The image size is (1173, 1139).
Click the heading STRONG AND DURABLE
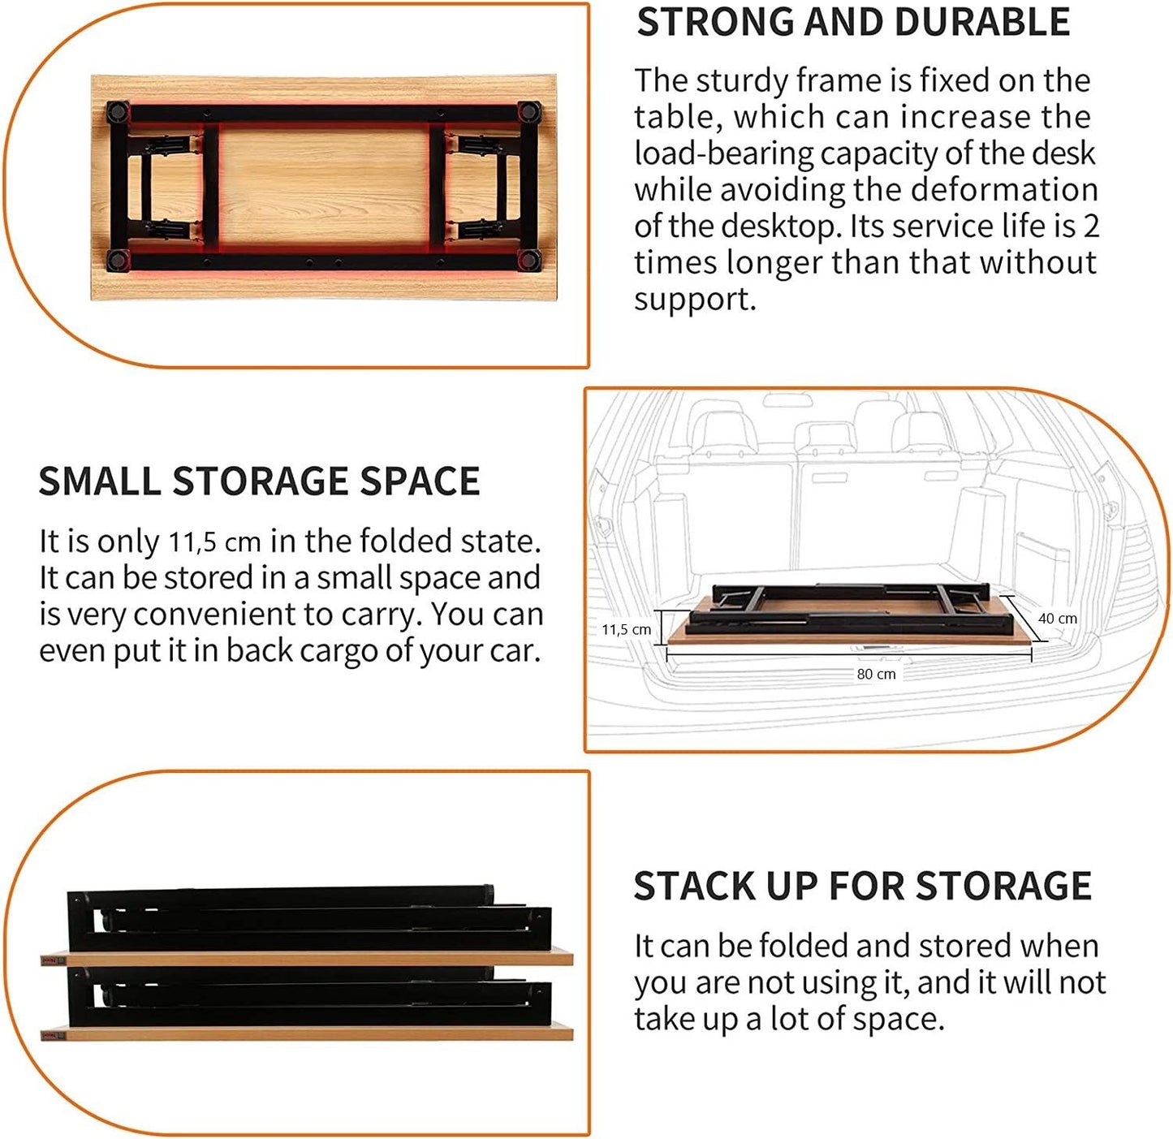click(853, 23)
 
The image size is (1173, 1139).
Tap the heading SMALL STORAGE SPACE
click(259, 481)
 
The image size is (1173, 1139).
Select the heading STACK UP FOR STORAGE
click(862, 886)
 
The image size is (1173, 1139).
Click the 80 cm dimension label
click(876, 674)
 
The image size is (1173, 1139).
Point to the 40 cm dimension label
click(1058, 619)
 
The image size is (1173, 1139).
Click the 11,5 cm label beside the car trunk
click(626, 629)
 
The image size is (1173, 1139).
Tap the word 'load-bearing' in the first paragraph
click(722, 153)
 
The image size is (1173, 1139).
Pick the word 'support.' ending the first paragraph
click(695, 300)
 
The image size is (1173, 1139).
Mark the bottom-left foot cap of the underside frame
click(117, 260)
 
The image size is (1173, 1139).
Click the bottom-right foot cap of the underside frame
click(531, 260)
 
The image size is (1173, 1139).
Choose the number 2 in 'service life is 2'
click(1091, 227)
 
